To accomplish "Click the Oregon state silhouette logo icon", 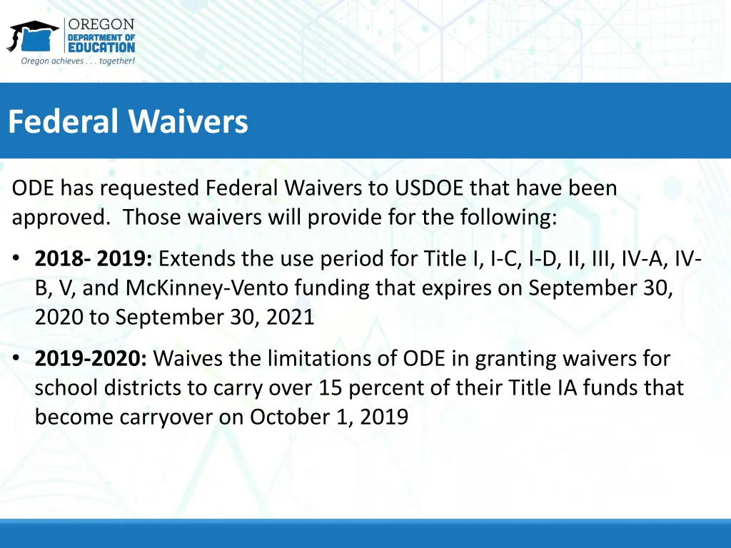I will coord(33,36).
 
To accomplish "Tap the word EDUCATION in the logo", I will coord(101,47).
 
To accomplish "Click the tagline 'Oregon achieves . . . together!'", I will coord(78,61).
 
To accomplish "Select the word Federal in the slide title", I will coord(63,122).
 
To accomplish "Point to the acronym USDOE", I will coord(428,188).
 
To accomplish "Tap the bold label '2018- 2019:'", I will coord(94,258).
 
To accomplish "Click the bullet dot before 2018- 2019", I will coord(16,258).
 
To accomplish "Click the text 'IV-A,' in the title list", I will coord(642,258).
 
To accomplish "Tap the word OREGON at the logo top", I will coord(101,25).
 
